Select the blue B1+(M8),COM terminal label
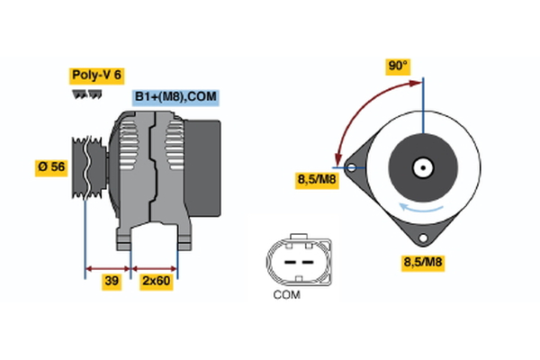(x=176, y=96)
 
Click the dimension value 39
(x=112, y=282)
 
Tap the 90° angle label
(x=398, y=67)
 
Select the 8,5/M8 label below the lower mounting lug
(x=421, y=263)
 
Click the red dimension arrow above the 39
(x=108, y=267)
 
